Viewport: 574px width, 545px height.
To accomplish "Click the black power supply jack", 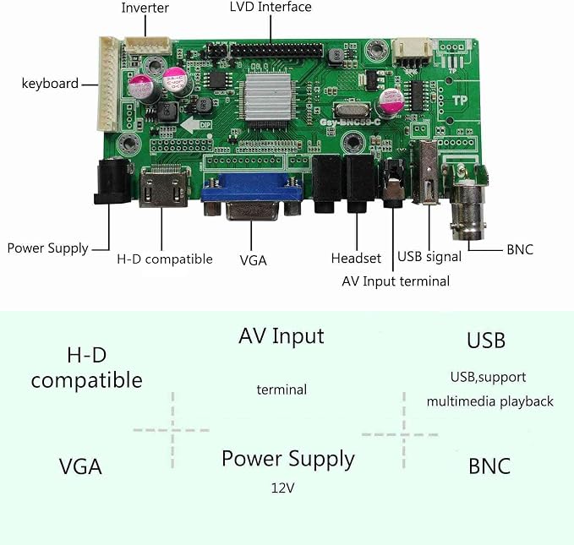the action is pos(113,180).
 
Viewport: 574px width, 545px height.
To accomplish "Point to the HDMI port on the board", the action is pos(165,187).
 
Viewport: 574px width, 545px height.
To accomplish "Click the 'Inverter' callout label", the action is pos(145,8).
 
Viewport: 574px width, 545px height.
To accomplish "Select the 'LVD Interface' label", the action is pos(271,7).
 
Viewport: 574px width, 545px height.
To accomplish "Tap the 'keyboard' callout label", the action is pos(50,84).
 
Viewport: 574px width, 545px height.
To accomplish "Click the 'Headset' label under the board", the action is pos(356,258).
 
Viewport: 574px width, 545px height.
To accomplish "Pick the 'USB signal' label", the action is pos(429,257).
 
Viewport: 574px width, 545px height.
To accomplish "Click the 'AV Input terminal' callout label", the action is pos(396,281).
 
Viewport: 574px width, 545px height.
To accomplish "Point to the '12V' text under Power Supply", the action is pos(282,488).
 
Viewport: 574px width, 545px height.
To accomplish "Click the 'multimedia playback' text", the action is pos(489,401).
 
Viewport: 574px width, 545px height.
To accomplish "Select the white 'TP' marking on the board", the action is pos(459,100).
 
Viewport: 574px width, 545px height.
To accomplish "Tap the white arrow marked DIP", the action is pos(196,125).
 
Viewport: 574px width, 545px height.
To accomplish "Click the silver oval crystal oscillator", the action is pos(352,110).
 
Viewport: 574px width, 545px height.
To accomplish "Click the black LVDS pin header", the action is pos(276,50).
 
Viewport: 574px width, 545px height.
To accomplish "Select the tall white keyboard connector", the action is pos(109,84).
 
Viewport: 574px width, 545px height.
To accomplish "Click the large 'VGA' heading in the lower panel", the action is pos(80,466).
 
